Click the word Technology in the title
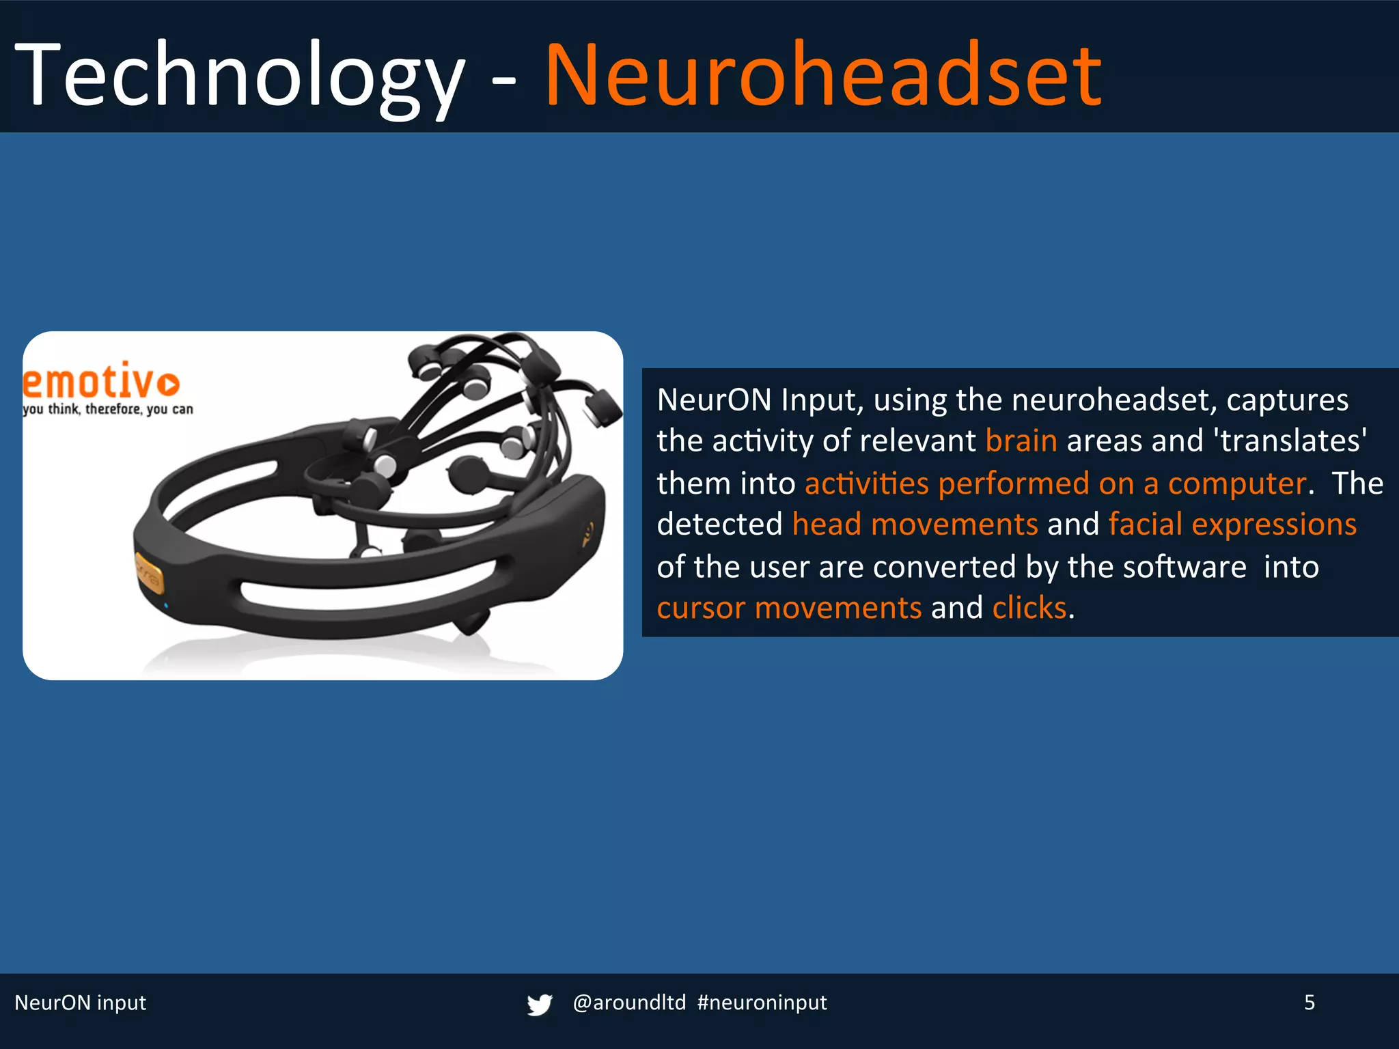coord(239,75)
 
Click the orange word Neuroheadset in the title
coord(823,75)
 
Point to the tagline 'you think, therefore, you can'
coord(108,409)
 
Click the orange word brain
coord(1021,441)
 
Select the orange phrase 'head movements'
coord(915,524)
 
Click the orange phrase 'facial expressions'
coord(1232,524)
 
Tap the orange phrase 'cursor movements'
coord(789,608)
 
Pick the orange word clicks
coord(1029,608)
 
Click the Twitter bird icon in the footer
coord(539,1004)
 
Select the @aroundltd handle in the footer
coord(629,1003)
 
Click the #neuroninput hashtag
coord(762,1003)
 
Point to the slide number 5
coord(1310,1003)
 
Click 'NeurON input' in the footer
coord(81,1003)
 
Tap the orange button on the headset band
coord(148,574)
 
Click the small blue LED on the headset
coord(166,606)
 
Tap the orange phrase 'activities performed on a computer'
coord(1055,484)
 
